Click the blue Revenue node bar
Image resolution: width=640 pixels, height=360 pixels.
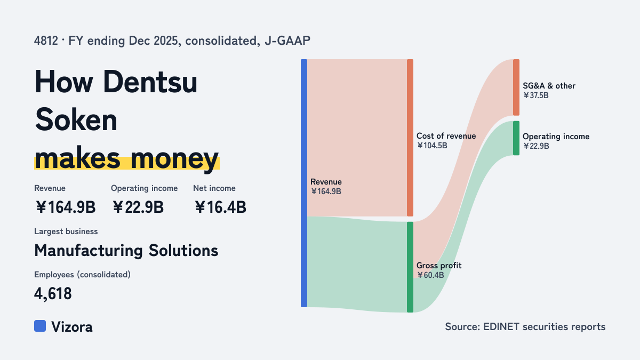(304, 183)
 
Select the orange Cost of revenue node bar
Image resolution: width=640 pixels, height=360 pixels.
(410, 138)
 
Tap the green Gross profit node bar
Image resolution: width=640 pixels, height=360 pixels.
(410, 267)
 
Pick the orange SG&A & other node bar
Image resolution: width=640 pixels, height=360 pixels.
(516, 87)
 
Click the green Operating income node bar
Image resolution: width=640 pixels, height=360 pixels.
(516, 138)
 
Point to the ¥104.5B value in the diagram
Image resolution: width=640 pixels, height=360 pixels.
(432, 146)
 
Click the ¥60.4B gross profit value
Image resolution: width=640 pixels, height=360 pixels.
(430, 275)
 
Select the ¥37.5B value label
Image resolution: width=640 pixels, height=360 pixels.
(535, 95)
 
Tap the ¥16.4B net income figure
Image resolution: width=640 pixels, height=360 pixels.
(220, 207)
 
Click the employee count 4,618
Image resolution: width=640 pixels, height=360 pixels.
(53, 293)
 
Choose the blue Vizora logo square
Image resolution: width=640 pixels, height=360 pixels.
(40, 326)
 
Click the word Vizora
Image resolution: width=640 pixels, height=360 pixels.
(72, 326)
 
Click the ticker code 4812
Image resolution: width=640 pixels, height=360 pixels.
(46, 41)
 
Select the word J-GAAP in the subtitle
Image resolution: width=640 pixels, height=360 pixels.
(287, 41)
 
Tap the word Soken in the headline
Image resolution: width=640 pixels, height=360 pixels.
(76, 120)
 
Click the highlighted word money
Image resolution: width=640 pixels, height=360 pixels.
(175, 159)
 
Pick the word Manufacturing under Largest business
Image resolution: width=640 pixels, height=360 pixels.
(89, 250)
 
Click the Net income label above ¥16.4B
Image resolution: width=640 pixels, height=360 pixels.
(214, 188)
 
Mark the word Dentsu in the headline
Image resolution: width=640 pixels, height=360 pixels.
(150, 82)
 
